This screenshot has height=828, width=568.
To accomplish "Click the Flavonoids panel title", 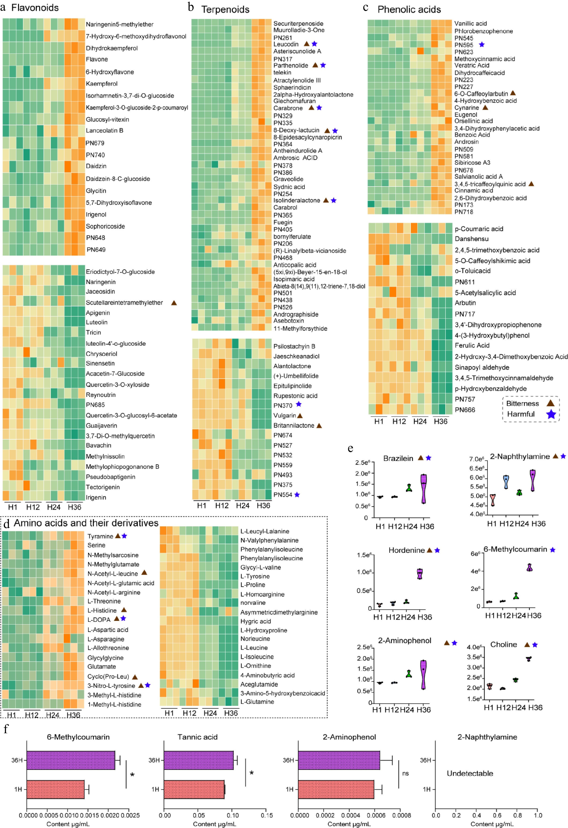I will tap(35, 7).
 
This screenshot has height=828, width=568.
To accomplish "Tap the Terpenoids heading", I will tap(225, 9).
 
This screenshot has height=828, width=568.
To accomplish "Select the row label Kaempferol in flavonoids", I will tap(102, 84).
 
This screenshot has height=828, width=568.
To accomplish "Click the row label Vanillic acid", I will tap(470, 23).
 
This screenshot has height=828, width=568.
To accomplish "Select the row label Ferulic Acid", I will tap(472, 345).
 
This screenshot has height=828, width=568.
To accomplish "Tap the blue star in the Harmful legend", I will tap(551, 414).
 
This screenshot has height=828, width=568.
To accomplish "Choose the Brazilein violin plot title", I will tap(398, 458).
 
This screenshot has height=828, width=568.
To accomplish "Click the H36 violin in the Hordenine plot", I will tap(420, 574).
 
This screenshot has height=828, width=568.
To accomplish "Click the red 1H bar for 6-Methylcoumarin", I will tap(55, 789).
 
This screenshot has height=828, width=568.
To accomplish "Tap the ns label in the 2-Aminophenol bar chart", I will tap(405, 773).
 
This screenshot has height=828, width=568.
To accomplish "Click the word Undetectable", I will tap(470, 773).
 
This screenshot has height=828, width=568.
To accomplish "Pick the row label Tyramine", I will tap(100, 536).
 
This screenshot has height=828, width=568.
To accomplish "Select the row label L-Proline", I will tap(252, 585).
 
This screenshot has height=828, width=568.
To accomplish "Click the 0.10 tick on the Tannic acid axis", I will tap(233, 815).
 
